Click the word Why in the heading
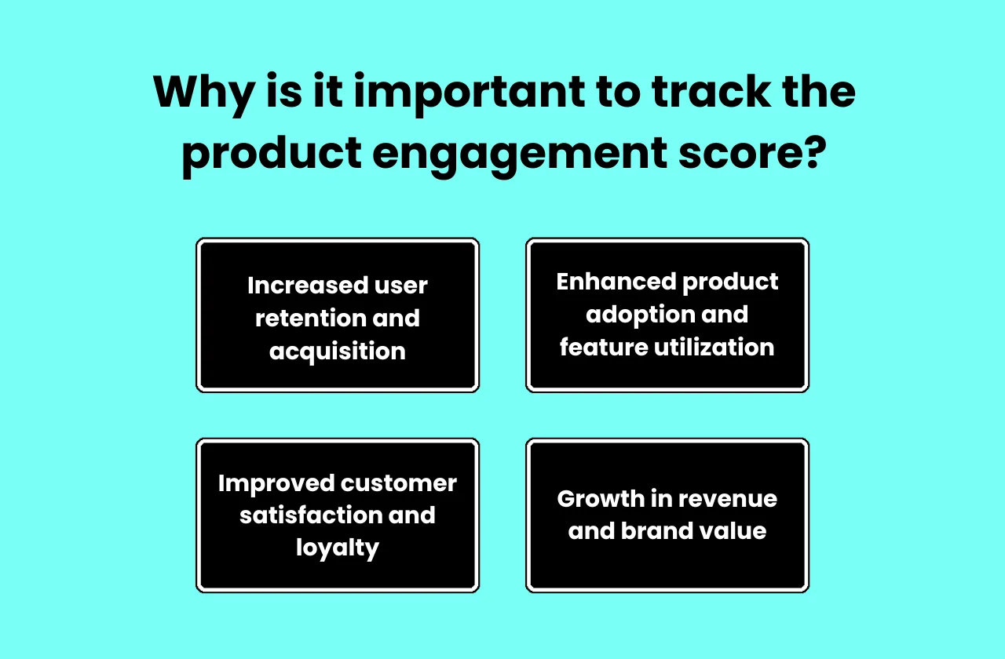[x=203, y=93]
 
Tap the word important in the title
[x=468, y=93]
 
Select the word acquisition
[x=338, y=351]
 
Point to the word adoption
[x=636, y=315]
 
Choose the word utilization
[x=716, y=348]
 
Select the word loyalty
[x=338, y=548]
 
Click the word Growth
[x=603, y=499]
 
